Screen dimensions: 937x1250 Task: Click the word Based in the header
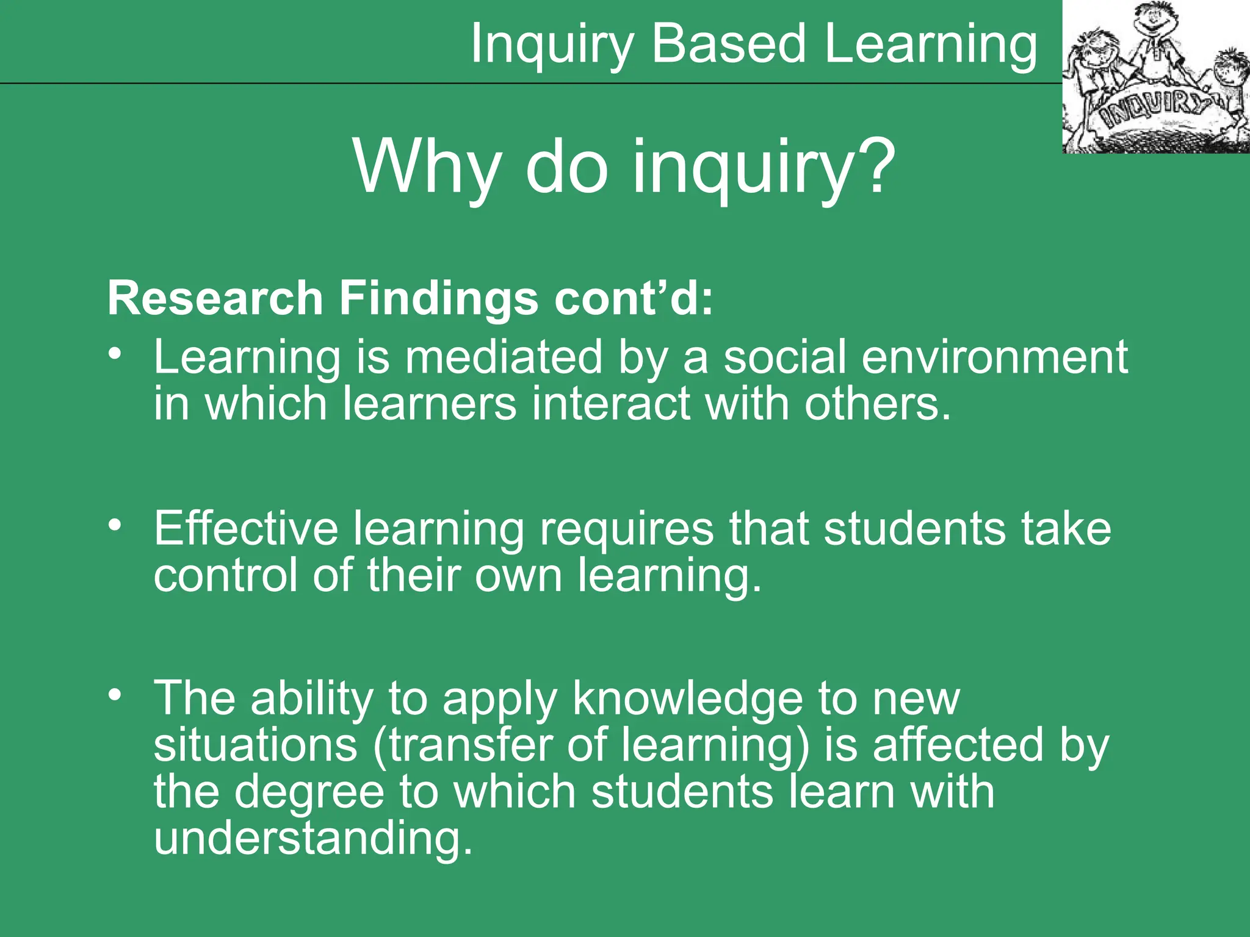[x=729, y=44]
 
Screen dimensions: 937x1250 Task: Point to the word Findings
[x=439, y=298]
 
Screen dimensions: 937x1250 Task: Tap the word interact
[x=610, y=404]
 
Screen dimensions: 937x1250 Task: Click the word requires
[x=626, y=530]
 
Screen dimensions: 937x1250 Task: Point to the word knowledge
[x=688, y=699]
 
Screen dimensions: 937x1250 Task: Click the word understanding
[x=312, y=839]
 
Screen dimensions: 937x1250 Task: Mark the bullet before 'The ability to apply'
[x=115, y=695]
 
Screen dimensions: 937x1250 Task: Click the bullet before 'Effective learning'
[x=115, y=525]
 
